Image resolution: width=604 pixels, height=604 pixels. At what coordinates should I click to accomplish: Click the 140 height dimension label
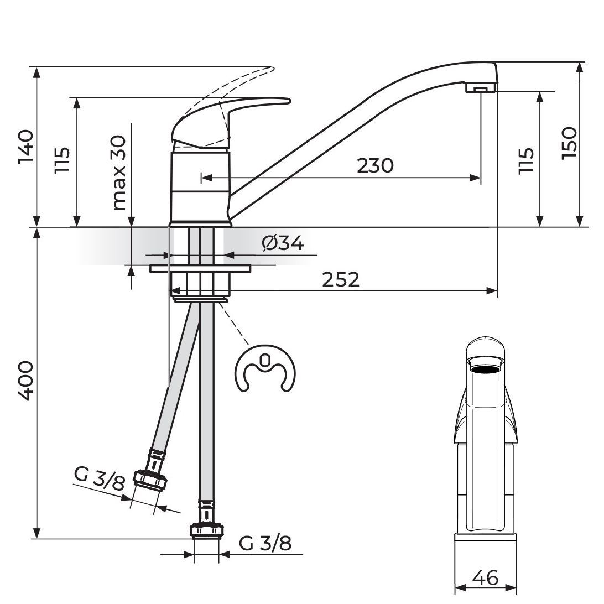[x=27, y=147]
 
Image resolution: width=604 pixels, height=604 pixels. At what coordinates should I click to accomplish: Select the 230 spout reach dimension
[x=375, y=165]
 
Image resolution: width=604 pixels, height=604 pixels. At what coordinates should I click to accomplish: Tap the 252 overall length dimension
[x=341, y=280]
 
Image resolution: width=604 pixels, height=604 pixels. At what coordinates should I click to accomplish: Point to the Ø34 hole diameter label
[x=283, y=243]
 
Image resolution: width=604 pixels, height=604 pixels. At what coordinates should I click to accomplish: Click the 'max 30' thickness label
[x=119, y=173]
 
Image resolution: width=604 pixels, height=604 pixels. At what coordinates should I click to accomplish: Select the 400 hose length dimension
[x=26, y=381]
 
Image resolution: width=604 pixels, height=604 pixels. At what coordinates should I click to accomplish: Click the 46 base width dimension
[x=485, y=577]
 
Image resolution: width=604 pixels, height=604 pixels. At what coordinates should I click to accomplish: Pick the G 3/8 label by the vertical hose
[x=265, y=544]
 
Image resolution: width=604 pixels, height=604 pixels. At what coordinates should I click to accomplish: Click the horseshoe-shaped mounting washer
[x=265, y=368]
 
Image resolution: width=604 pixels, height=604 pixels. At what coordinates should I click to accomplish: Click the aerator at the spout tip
[x=480, y=88]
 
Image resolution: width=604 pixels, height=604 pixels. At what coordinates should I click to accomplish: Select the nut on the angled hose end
[x=150, y=480]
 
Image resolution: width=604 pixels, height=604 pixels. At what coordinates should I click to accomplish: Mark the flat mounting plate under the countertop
[x=200, y=268]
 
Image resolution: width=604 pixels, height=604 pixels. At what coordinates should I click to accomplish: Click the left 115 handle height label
[x=62, y=160]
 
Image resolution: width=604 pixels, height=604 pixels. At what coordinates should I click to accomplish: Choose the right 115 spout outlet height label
[x=526, y=161]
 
